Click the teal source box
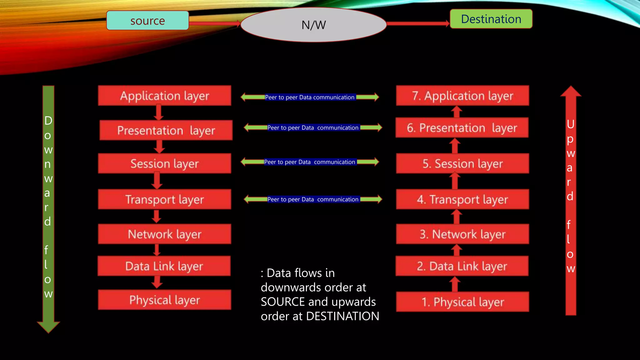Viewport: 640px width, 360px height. [x=147, y=21]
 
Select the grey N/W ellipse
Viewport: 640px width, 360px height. [x=313, y=25]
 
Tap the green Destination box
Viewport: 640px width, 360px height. [x=491, y=19]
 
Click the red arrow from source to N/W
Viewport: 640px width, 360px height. [x=214, y=23]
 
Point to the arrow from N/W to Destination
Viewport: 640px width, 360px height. [x=418, y=23]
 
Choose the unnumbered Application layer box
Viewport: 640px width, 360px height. [x=164, y=96]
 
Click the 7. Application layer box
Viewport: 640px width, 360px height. [x=462, y=96]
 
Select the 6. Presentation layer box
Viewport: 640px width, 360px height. [x=462, y=128]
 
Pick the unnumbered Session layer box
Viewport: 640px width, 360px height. [x=164, y=163]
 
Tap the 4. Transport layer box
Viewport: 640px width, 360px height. [x=462, y=199]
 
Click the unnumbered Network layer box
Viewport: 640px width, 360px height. [x=164, y=234]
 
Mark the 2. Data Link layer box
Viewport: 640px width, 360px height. [x=462, y=266]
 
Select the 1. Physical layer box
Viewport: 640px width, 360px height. [x=462, y=302]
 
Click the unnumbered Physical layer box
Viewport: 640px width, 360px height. [x=164, y=300]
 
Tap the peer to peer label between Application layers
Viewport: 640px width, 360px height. [x=310, y=97]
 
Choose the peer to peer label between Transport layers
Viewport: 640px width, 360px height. [x=313, y=199]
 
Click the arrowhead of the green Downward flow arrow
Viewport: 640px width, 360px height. [x=48, y=326]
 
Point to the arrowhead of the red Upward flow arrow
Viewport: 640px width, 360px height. [x=571, y=91]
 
